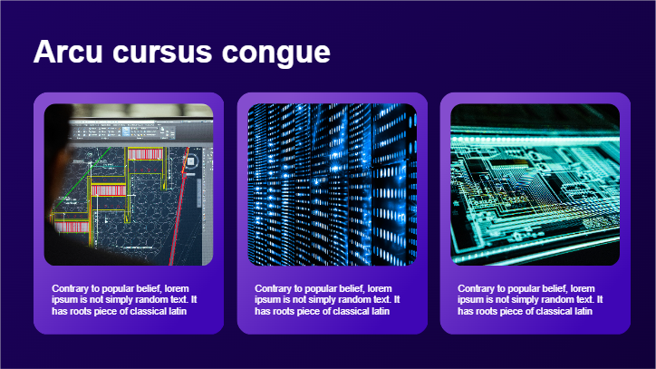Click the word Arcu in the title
(68, 52)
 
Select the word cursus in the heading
(162, 53)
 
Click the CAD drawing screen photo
(129, 185)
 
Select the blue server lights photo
(333, 185)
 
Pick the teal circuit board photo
(535, 185)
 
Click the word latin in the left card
(178, 311)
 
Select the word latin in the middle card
(381, 311)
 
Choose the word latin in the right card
(584, 311)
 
